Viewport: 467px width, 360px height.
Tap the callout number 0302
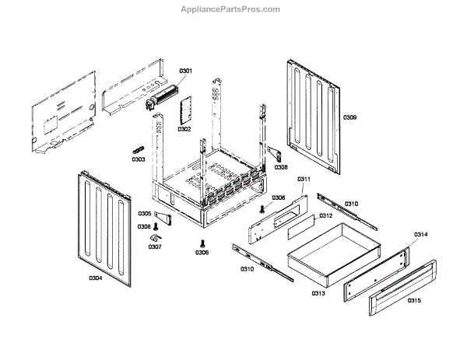click(184, 129)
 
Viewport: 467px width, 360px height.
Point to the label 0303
click(138, 159)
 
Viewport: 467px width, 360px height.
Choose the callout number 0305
click(144, 214)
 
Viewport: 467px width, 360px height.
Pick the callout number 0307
click(155, 247)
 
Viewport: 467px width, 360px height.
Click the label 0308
click(280, 167)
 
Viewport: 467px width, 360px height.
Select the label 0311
click(304, 180)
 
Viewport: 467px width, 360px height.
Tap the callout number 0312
click(325, 215)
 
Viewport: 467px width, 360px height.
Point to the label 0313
click(318, 293)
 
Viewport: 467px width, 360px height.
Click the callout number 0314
click(420, 234)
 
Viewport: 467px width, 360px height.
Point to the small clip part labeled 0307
click(156, 236)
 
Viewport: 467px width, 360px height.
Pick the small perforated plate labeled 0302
click(186, 111)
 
